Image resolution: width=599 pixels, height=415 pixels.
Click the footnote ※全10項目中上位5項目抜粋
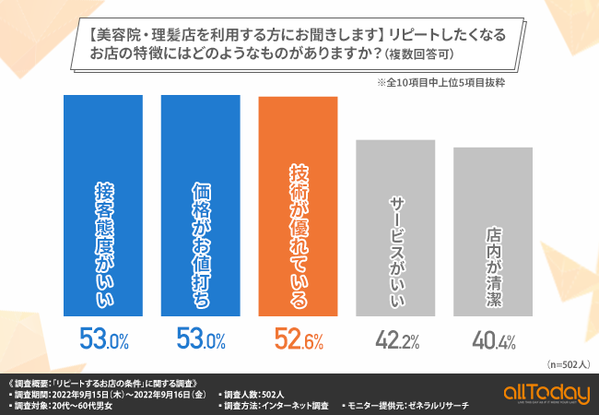pyautogui.click(x=440, y=82)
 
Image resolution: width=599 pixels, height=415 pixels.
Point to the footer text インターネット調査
pyautogui.click(x=295, y=405)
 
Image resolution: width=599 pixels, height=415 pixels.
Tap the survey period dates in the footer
pyautogui.click(x=129, y=393)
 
